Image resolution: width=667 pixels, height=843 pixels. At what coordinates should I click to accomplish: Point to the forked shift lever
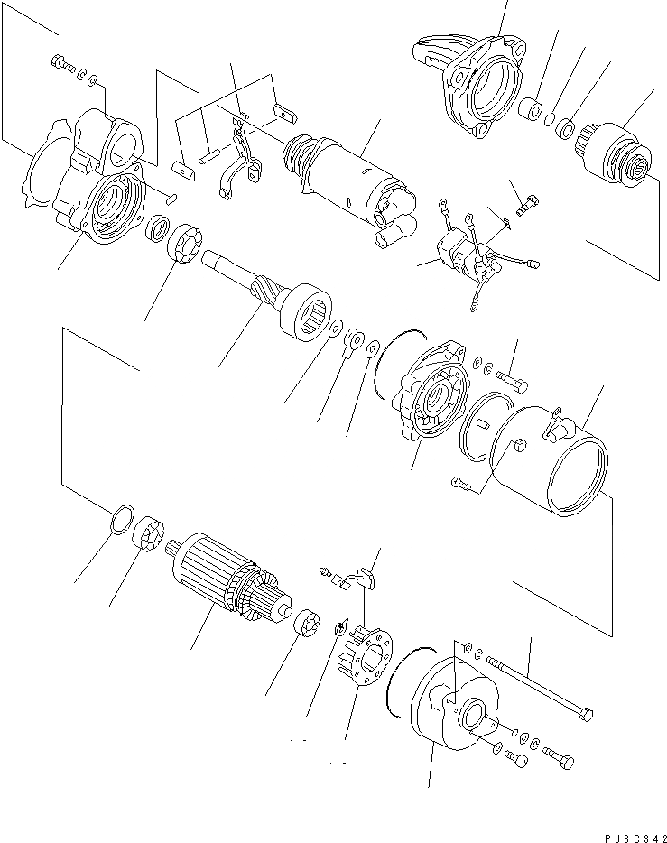click(x=240, y=162)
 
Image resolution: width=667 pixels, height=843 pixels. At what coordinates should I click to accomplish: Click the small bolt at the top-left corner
click(x=61, y=64)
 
